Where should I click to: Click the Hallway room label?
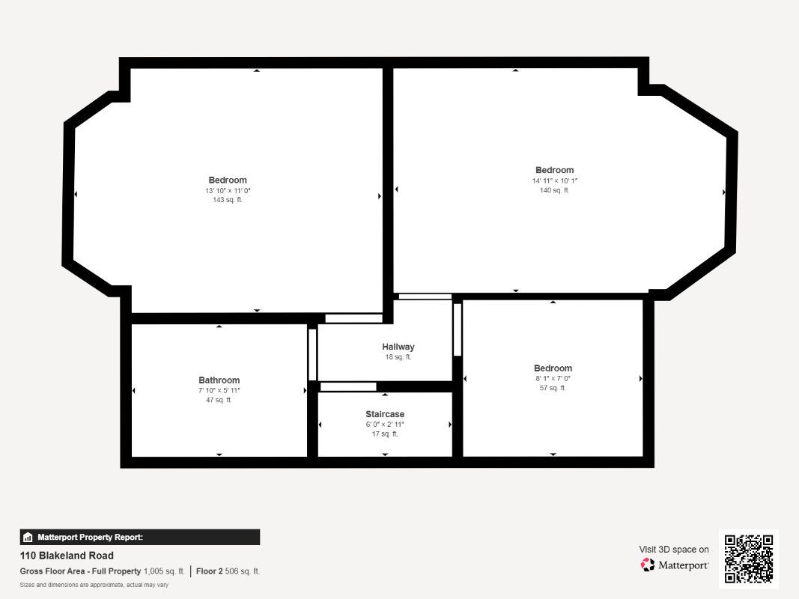coord(398,347)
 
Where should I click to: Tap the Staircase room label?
coord(385,414)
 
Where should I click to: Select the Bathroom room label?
coord(219,380)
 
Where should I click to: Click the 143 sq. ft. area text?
coord(228,200)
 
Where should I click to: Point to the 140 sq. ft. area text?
coord(554,190)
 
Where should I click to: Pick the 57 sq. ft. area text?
coord(553,388)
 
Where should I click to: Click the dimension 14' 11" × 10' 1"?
coord(555,180)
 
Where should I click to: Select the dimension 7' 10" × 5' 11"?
coord(219,391)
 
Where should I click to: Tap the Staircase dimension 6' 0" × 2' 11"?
coord(385,425)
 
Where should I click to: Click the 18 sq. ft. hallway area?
coord(398,357)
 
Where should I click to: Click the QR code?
coord(749,559)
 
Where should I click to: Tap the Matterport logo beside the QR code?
coord(675,565)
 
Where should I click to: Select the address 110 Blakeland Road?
coord(67,556)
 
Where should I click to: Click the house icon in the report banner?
coord(28,538)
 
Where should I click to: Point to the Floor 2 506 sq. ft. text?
coord(228,571)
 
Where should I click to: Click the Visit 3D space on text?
coord(674,550)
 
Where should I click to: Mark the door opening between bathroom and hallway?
coord(312,354)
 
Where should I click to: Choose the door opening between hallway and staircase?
coord(348,387)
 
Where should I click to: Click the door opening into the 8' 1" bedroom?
coord(458,329)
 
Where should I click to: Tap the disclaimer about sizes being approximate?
coord(94,586)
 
